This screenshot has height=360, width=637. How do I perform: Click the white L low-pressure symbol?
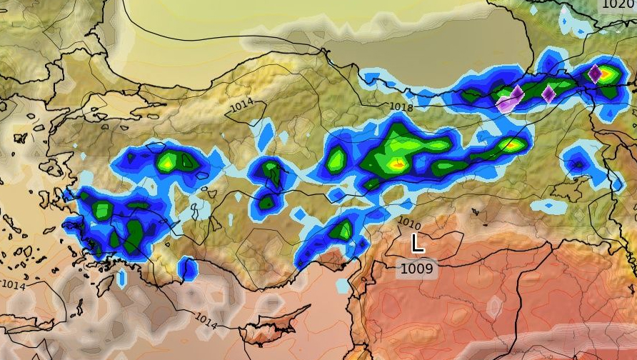418,244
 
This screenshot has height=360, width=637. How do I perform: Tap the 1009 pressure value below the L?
416,269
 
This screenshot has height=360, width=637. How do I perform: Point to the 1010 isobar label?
409,223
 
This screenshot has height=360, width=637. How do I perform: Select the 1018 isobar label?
401,107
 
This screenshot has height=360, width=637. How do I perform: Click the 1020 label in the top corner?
618,4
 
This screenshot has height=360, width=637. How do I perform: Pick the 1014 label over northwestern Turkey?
241,106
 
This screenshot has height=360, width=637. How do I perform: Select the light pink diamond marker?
506,104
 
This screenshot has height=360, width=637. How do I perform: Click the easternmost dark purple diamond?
594,73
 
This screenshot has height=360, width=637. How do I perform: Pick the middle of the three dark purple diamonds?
548,94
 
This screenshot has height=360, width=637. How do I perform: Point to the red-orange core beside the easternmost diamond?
606,72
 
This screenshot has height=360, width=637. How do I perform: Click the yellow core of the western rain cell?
166,163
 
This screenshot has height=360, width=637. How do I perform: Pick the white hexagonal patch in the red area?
493,307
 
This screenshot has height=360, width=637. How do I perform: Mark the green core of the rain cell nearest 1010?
344,230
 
